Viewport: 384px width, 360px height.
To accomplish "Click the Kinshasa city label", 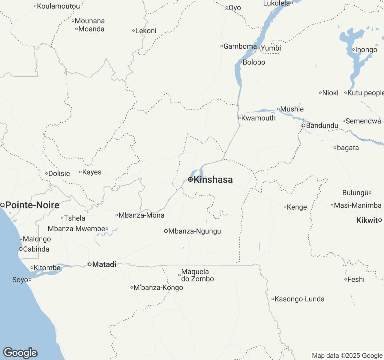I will (x=213, y=179).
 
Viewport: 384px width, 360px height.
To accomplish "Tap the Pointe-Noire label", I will (x=32, y=205).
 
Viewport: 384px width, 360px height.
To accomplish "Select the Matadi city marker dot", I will (x=89, y=264).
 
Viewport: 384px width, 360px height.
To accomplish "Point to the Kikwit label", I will (x=367, y=220).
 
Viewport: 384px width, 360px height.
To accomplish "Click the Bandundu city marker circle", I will (x=304, y=125).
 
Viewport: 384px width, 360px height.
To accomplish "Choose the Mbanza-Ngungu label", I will (x=195, y=231).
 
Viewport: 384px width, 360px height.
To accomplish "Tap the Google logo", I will (x=20, y=353).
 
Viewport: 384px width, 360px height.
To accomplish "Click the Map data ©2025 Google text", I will (x=347, y=355).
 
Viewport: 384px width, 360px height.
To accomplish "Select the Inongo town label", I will (x=366, y=49).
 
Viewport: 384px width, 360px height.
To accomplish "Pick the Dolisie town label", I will (x=59, y=173).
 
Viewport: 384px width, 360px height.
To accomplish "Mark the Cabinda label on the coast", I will (x=36, y=249).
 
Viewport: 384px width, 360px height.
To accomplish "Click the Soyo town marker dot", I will (x=30, y=280).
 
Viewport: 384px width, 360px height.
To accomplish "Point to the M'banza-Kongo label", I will (x=158, y=287).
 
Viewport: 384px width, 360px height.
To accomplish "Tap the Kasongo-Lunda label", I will (x=299, y=299).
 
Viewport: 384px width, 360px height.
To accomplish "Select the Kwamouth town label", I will (x=258, y=118).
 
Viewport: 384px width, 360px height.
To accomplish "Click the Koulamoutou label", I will (x=58, y=6).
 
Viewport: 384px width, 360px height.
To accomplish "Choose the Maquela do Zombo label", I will (x=197, y=275).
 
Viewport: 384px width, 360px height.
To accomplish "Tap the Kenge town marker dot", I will (x=285, y=207).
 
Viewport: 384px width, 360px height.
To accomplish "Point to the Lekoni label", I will (x=146, y=31).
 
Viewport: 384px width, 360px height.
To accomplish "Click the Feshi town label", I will (x=356, y=279).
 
